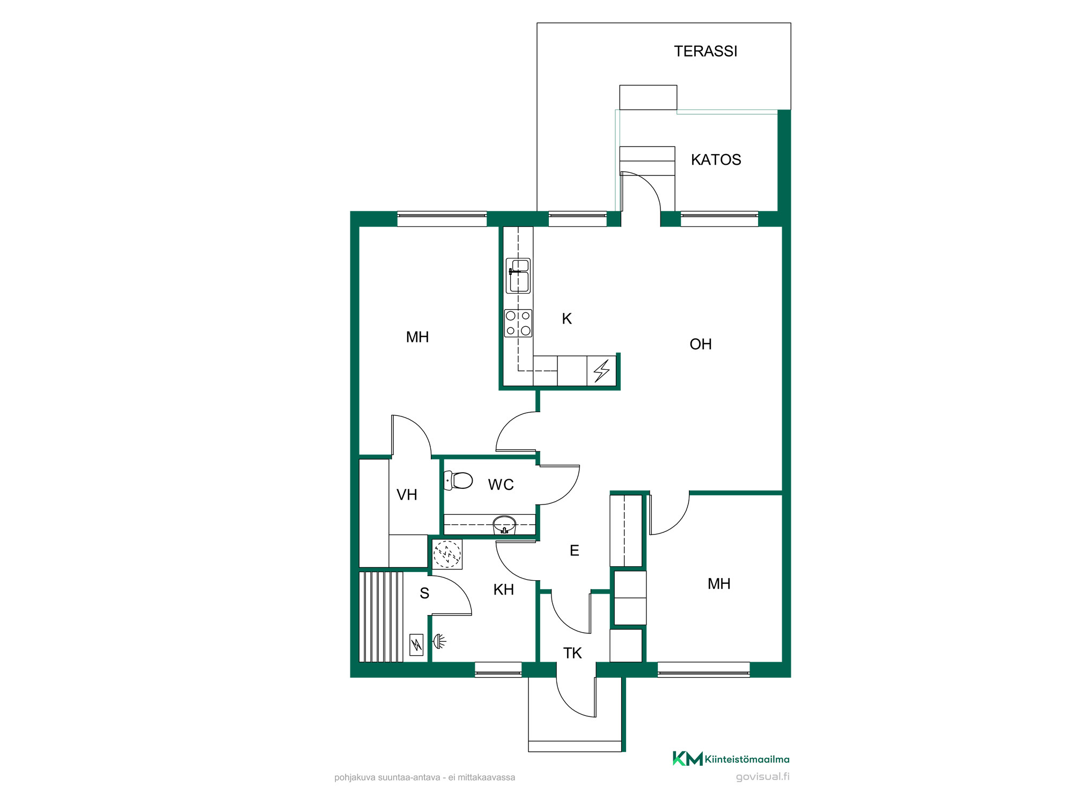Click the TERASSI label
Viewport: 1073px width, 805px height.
[x=705, y=52]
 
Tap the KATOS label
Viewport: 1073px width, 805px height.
[x=716, y=160]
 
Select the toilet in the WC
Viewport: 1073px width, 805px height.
[x=458, y=480]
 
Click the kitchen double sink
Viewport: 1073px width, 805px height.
[x=518, y=276]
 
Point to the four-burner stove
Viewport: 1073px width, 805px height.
[x=518, y=323]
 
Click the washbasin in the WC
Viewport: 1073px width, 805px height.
[x=504, y=524]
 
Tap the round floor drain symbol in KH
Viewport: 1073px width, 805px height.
[x=447, y=554]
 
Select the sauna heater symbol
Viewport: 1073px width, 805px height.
[x=416, y=645]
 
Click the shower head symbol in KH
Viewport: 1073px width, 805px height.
[x=439, y=641]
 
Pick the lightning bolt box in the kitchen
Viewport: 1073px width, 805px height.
[x=601, y=371]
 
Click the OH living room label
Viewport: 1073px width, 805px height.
[x=701, y=344]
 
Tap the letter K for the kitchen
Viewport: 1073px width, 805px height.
[x=567, y=319]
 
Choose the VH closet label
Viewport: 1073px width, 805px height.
[x=407, y=495]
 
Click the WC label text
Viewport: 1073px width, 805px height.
[x=501, y=485]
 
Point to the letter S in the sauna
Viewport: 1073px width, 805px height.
[x=424, y=593]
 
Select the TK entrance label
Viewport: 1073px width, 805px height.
[x=572, y=653]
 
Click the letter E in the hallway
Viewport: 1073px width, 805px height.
[x=575, y=551]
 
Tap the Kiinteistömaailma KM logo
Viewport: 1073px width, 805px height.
[x=731, y=758]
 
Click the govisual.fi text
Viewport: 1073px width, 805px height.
[x=762, y=777]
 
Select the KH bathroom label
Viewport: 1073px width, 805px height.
[x=504, y=590]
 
